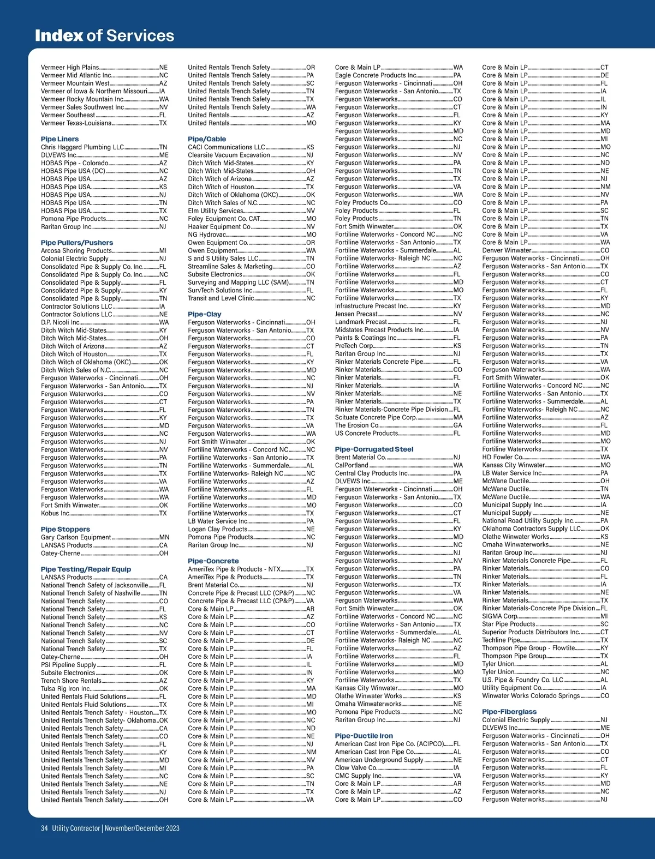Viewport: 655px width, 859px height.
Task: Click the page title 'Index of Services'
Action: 104,35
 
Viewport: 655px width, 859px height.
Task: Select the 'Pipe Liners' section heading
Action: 59,139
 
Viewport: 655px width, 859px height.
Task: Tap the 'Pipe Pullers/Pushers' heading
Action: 77,243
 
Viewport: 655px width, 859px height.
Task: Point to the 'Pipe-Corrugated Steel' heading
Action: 374,449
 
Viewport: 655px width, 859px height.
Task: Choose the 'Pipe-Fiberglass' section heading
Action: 509,712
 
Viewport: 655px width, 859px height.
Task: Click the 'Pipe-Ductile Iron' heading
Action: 364,736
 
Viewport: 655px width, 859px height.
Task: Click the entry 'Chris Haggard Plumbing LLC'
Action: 82,147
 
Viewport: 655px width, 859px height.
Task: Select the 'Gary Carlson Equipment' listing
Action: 76,537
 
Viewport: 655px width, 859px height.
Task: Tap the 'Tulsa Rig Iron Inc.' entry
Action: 66,688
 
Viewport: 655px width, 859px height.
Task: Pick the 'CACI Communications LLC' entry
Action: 227,147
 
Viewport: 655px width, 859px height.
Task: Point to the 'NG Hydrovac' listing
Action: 207,235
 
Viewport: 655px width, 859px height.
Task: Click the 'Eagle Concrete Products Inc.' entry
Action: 376,75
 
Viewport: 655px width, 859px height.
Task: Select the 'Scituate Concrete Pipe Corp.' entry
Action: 376,417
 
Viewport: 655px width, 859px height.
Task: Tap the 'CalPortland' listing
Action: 352,465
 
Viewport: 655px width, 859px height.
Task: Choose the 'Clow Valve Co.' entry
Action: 356,767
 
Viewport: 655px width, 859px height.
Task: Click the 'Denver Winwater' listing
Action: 507,250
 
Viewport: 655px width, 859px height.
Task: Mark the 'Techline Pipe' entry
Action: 501,640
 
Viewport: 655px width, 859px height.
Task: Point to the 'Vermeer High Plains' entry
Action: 70,68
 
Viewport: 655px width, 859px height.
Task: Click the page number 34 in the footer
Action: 44,828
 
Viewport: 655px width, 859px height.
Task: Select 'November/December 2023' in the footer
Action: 142,828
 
